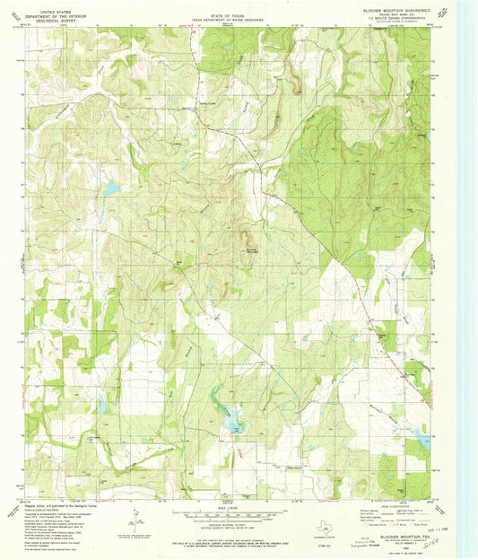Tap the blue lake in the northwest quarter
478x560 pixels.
point(110,189)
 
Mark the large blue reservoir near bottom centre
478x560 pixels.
point(235,418)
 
